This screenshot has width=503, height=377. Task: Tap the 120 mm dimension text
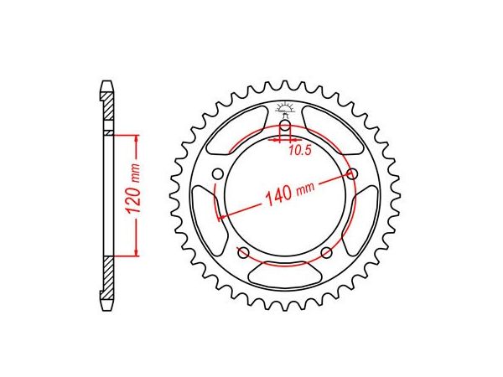pos(132,188)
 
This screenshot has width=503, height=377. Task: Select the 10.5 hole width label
pos(300,150)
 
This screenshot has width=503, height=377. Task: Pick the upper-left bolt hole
pos(218,174)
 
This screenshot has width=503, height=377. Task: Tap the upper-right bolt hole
pos(352,174)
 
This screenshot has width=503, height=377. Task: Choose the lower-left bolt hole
pos(243,253)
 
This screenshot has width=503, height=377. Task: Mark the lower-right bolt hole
pos(327,253)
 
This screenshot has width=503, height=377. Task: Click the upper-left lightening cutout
pos(237,131)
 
